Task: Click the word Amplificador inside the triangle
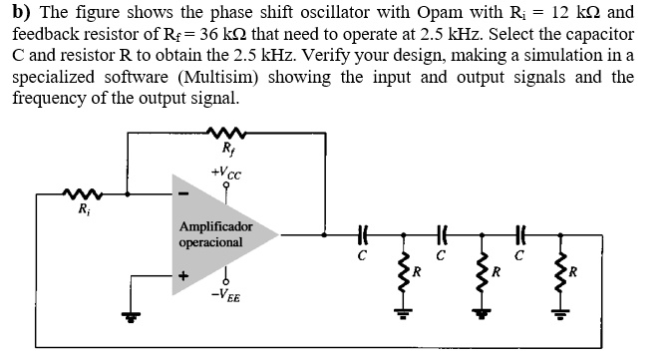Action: tap(216, 227)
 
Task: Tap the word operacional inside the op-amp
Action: tap(210, 242)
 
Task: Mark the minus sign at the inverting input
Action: tap(182, 193)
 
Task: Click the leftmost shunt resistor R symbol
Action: tap(404, 270)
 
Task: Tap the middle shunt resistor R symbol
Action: tap(482, 270)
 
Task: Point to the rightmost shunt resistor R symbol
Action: tap(558, 270)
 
